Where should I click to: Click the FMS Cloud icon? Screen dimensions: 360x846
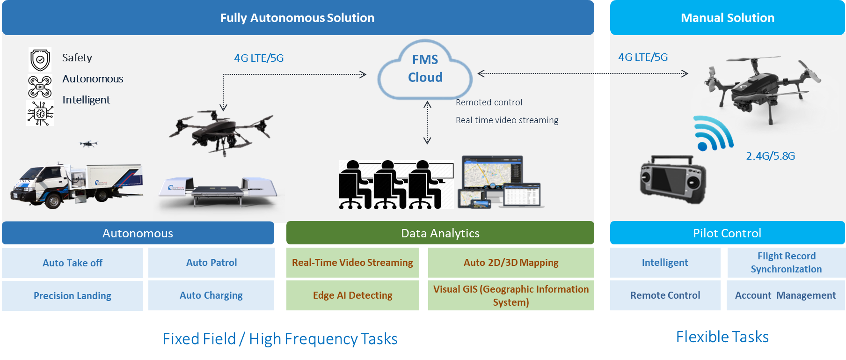pyautogui.click(x=425, y=69)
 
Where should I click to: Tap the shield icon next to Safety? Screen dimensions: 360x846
pyautogui.click(x=40, y=59)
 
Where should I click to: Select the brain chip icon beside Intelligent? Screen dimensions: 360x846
pyautogui.click(x=40, y=113)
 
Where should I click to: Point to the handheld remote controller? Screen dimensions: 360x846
pyautogui.click(x=673, y=179)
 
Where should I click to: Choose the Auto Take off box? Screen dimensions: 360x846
pyautogui.click(x=73, y=263)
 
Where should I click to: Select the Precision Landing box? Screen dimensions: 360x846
pyautogui.click(x=73, y=296)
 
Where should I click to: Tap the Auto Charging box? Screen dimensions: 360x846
pyautogui.click(x=211, y=295)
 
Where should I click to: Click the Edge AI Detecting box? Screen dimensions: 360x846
pyautogui.click(x=352, y=295)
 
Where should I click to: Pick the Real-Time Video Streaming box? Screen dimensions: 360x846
pyautogui.click(x=352, y=263)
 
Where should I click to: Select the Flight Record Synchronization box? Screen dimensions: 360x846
pyautogui.click(x=786, y=263)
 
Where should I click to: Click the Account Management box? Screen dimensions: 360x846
pyautogui.click(x=785, y=295)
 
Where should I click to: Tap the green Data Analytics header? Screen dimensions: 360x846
pyautogui.click(x=440, y=233)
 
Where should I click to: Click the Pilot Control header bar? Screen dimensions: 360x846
pyautogui.click(x=727, y=233)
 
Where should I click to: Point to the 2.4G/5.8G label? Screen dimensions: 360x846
pyautogui.click(x=770, y=156)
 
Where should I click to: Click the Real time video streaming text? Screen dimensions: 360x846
pyautogui.click(x=507, y=120)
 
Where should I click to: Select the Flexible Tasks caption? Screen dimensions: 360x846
pyautogui.click(x=722, y=337)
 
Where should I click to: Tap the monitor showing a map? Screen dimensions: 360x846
pyautogui.click(x=492, y=172)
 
